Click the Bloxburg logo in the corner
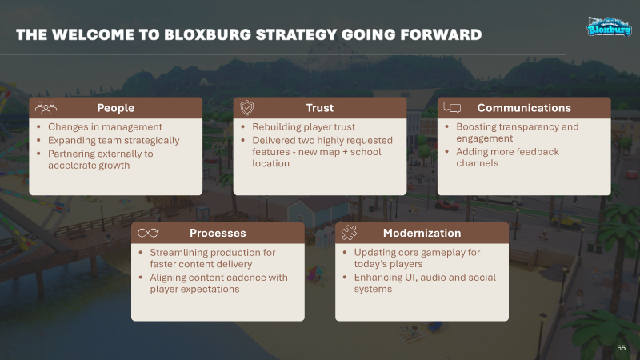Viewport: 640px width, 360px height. [609, 27]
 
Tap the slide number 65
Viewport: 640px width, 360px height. [622, 348]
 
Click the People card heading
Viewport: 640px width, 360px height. [115, 108]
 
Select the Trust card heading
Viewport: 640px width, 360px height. [319, 108]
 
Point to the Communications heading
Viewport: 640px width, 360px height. [524, 108]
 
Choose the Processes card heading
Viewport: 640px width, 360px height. [218, 233]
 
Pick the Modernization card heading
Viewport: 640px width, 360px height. [422, 233]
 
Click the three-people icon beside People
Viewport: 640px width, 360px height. [46, 108]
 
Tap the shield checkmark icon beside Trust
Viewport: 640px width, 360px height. [247, 108]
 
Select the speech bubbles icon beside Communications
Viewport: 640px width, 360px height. [452, 108]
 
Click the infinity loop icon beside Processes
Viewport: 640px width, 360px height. [148, 233]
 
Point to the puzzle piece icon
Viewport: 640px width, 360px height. [349, 233]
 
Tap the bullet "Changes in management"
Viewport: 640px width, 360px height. [105, 127]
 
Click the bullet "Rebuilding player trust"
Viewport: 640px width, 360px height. [304, 127]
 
